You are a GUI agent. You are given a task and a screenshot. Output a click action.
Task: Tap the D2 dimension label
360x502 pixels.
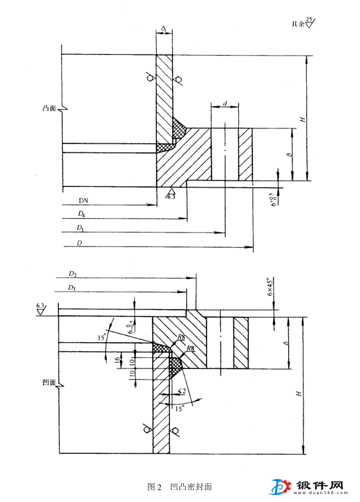click(x=72, y=274)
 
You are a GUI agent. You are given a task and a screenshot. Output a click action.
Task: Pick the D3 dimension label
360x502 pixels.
click(x=72, y=288)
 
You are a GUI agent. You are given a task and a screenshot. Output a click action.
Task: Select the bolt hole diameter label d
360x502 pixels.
click(x=225, y=104)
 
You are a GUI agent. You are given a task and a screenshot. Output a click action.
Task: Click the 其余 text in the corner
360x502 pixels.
click(x=297, y=24)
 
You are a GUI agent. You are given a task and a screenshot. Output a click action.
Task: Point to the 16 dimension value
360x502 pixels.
click(x=117, y=359)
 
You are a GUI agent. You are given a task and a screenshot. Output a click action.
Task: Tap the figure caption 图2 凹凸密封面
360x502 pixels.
click(x=179, y=487)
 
